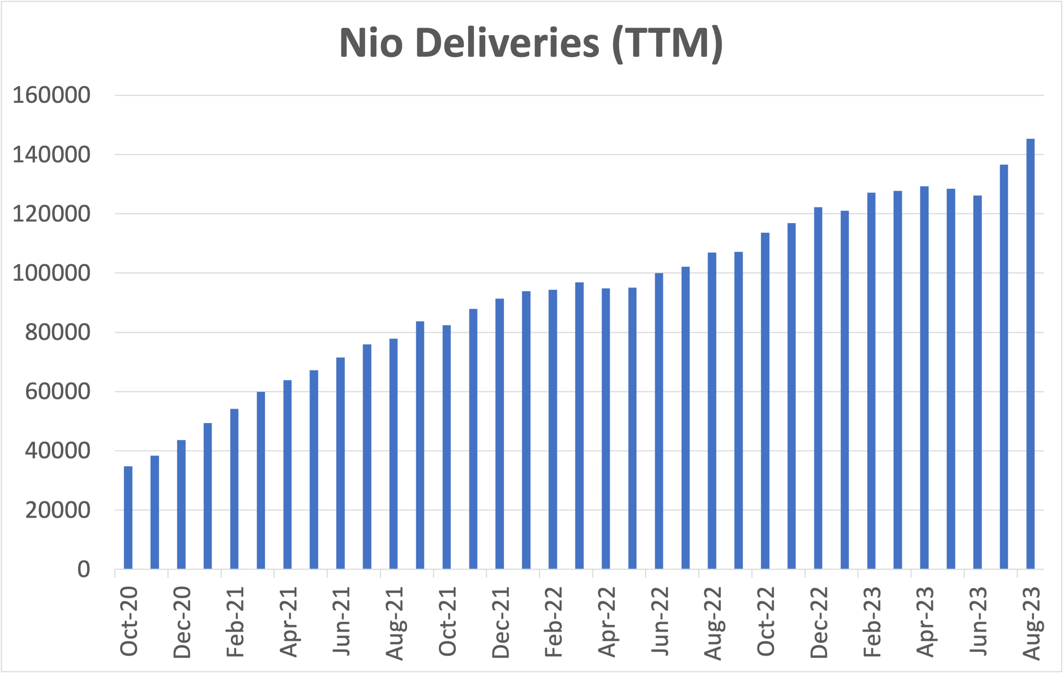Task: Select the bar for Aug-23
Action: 1030,354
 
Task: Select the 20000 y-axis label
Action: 57,511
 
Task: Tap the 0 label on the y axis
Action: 84,570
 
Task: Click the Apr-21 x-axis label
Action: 289,622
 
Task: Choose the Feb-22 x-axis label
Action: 554,622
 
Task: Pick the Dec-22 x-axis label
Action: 819,622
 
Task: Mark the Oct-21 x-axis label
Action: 447,622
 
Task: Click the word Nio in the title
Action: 371,43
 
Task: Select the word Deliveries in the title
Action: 507,43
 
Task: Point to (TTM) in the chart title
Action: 667,43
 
